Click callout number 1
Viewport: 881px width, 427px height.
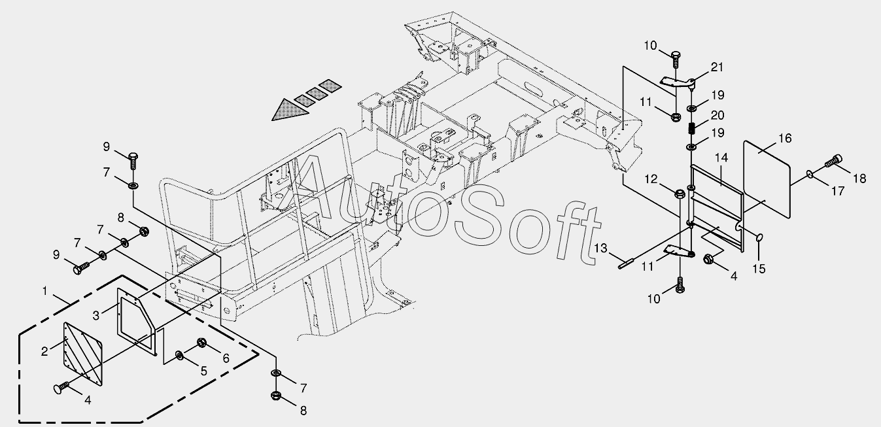click(45, 290)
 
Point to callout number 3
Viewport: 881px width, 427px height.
click(96, 316)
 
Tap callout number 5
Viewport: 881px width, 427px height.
click(203, 371)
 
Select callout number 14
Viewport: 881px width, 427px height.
click(721, 158)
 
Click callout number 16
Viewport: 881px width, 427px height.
click(785, 138)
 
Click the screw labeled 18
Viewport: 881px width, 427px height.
click(835, 160)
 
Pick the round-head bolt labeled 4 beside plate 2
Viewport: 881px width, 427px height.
click(60, 389)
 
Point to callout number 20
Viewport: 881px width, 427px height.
click(717, 115)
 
